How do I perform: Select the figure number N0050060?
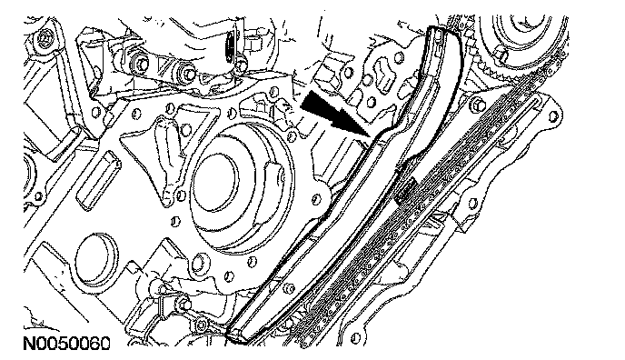tap(66, 344)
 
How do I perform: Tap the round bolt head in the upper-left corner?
tap(43, 38)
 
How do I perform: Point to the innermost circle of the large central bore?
tap(215, 175)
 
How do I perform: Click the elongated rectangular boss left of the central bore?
tap(99, 179)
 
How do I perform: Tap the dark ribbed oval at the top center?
tap(231, 48)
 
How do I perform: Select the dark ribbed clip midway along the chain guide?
tap(405, 188)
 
